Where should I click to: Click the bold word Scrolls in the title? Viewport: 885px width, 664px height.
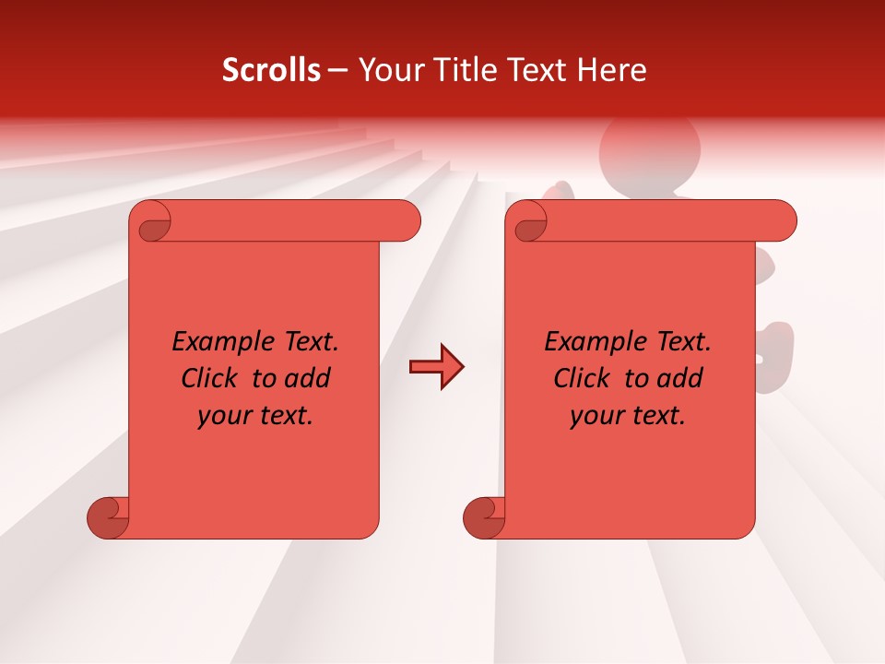coord(272,70)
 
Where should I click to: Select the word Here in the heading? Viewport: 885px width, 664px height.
coord(612,70)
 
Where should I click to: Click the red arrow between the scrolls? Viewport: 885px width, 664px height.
coord(436,367)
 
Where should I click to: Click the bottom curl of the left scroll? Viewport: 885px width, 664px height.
coord(109,518)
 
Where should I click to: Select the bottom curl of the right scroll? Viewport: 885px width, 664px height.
coord(485,518)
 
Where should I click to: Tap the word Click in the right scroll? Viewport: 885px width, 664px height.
coord(582,379)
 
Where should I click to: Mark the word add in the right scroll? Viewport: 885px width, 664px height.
coord(681,379)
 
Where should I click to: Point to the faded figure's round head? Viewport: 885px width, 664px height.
coord(649,148)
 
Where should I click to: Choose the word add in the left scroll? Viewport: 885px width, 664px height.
coord(309,379)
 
